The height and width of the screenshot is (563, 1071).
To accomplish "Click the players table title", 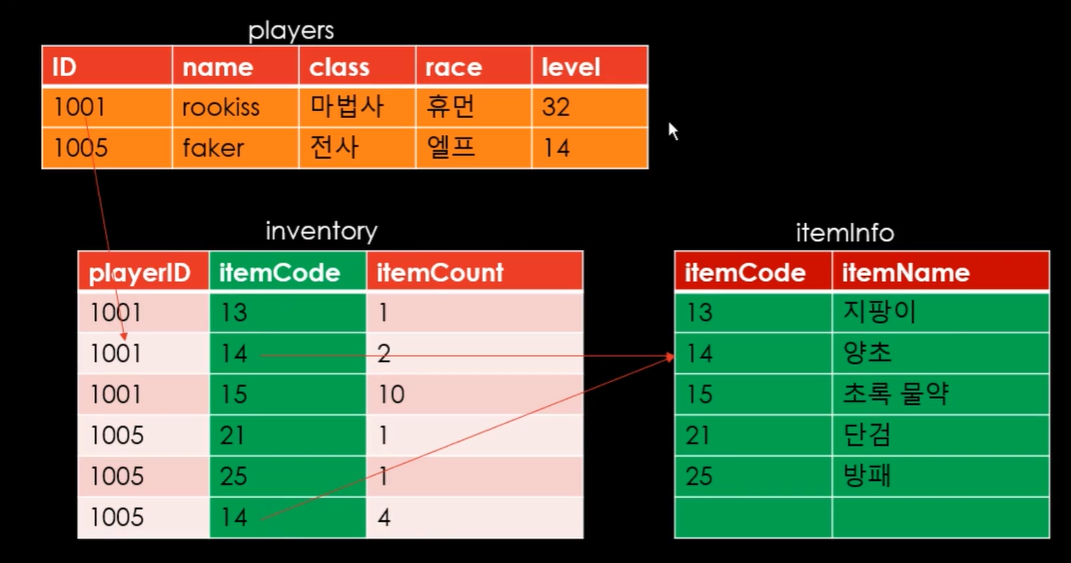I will click(x=291, y=32).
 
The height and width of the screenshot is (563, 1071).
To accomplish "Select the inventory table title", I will click(x=321, y=231).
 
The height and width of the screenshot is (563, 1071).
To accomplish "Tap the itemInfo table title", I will click(x=844, y=232).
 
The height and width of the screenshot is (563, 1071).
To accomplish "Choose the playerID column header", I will click(x=142, y=273).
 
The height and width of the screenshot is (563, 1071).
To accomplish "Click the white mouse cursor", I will click(x=673, y=131).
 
